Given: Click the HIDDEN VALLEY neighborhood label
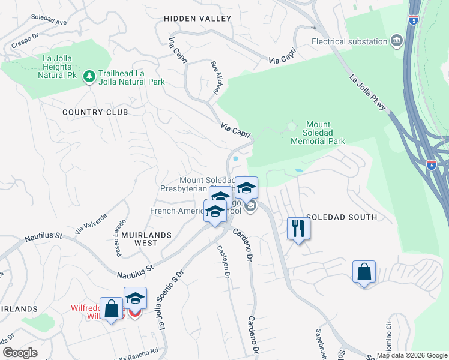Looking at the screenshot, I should (198, 19).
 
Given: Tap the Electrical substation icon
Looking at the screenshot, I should (396, 41).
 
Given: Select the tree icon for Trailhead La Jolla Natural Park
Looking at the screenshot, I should (89, 76).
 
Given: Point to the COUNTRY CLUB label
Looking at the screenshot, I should (95, 112).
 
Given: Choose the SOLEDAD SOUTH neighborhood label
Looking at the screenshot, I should (342, 217).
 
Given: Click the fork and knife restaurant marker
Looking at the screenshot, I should (298, 228).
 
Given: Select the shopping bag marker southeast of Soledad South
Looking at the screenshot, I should (364, 272).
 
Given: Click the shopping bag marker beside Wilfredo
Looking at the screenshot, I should (111, 309).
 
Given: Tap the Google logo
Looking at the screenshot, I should (20, 353).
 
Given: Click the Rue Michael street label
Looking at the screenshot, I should (214, 78).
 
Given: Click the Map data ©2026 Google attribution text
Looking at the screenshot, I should (411, 355).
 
